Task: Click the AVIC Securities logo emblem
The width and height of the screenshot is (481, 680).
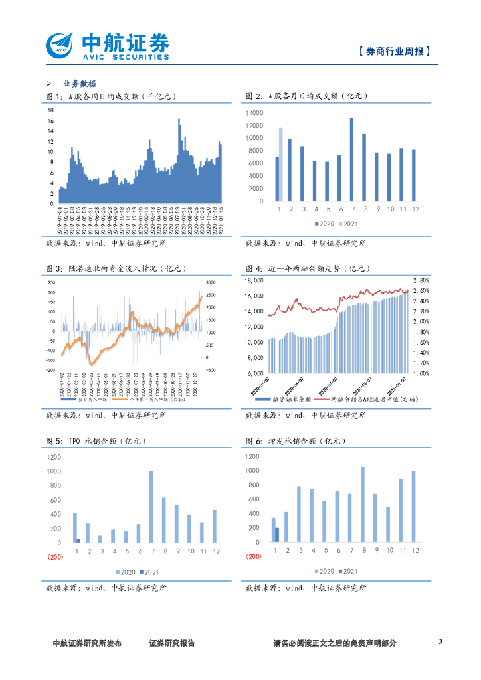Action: point(60,45)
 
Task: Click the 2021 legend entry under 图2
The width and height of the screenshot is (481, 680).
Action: point(349,224)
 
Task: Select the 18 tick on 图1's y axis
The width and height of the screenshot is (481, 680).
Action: point(50,111)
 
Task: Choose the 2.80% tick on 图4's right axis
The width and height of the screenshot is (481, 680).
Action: point(421,280)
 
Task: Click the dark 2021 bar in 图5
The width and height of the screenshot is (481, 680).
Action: point(78,541)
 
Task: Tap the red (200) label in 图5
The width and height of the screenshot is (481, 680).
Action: point(55,557)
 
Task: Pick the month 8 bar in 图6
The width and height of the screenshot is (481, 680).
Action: point(363,504)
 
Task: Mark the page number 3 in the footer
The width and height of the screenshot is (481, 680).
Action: point(440,642)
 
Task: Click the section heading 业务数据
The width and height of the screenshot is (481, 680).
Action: point(80,84)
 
